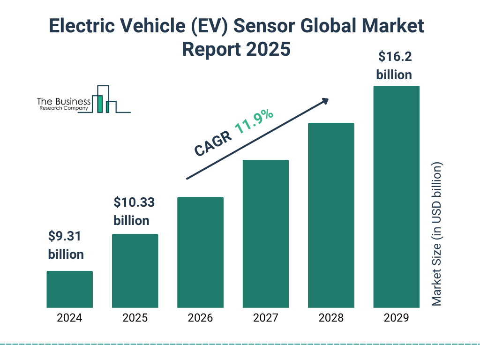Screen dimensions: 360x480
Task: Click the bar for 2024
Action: pyautogui.click(x=69, y=289)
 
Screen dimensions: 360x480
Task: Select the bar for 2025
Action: pyautogui.click(x=135, y=271)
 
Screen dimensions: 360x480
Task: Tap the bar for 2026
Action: pyautogui.click(x=200, y=252)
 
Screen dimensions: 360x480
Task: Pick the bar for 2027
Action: pyautogui.click(x=265, y=234)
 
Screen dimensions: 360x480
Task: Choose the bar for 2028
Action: pyautogui.click(x=331, y=215)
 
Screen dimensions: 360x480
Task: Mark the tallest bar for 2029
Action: pyautogui.click(x=396, y=197)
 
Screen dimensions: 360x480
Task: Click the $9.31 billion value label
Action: pyautogui.click(x=66, y=245)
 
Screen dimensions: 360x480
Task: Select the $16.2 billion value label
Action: pyautogui.click(x=394, y=66)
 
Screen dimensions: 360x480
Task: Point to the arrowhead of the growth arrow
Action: pyautogui.click(x=324, y=100)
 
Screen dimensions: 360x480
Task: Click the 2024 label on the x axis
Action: pyautogui.click(x=69, y=318)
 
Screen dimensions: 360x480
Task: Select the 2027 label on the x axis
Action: pyautogui.click(x=265, y=318)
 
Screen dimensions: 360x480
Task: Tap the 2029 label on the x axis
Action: pyautogui.click(x=396, y=318)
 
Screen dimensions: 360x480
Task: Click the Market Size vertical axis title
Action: pyautogui.click(x=437, y=234)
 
